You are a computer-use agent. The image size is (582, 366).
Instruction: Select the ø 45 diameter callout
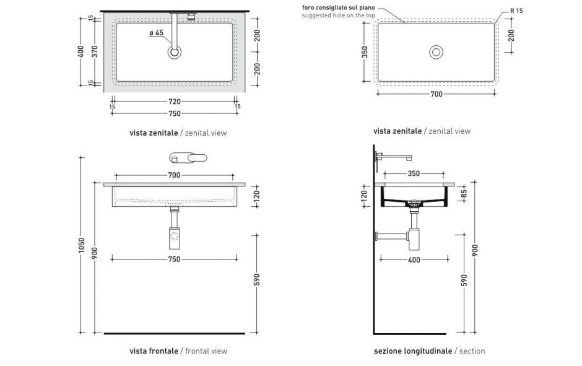pyautogui.click(x=156, y=32)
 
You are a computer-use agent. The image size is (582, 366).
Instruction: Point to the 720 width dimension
pyautogui.click(x=174, y=101)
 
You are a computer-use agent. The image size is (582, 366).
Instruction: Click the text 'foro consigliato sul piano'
pyautogui.click(x=337, y=7)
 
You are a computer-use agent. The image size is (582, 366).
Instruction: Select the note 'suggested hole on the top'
pyautogui.click(x=337, y=15)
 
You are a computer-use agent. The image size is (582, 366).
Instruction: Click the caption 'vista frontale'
pyautogui.click(x=154, y=351)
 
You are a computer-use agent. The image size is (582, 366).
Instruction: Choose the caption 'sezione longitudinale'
pyautogui.click(x=412, y=351)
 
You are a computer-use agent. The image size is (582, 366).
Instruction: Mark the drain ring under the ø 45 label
pyautogui.click(x=175, y=51)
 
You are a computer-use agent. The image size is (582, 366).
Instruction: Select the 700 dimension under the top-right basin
pyautogui.click(x=436, y=94)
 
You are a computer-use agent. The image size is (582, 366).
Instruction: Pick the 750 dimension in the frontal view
pyautogui.click(x=174, y=259)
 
